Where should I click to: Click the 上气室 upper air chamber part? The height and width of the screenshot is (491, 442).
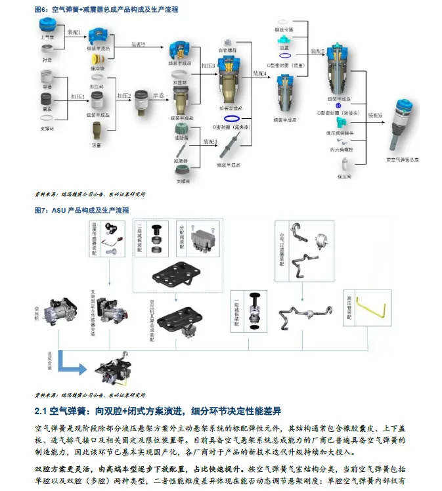pyautogui.click(x=48, y=24)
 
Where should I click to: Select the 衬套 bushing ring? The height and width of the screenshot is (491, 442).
pyautogui.click(x=47, y=51)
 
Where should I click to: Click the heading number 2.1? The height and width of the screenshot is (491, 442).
pyautogui.click(x=40, y=411)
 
